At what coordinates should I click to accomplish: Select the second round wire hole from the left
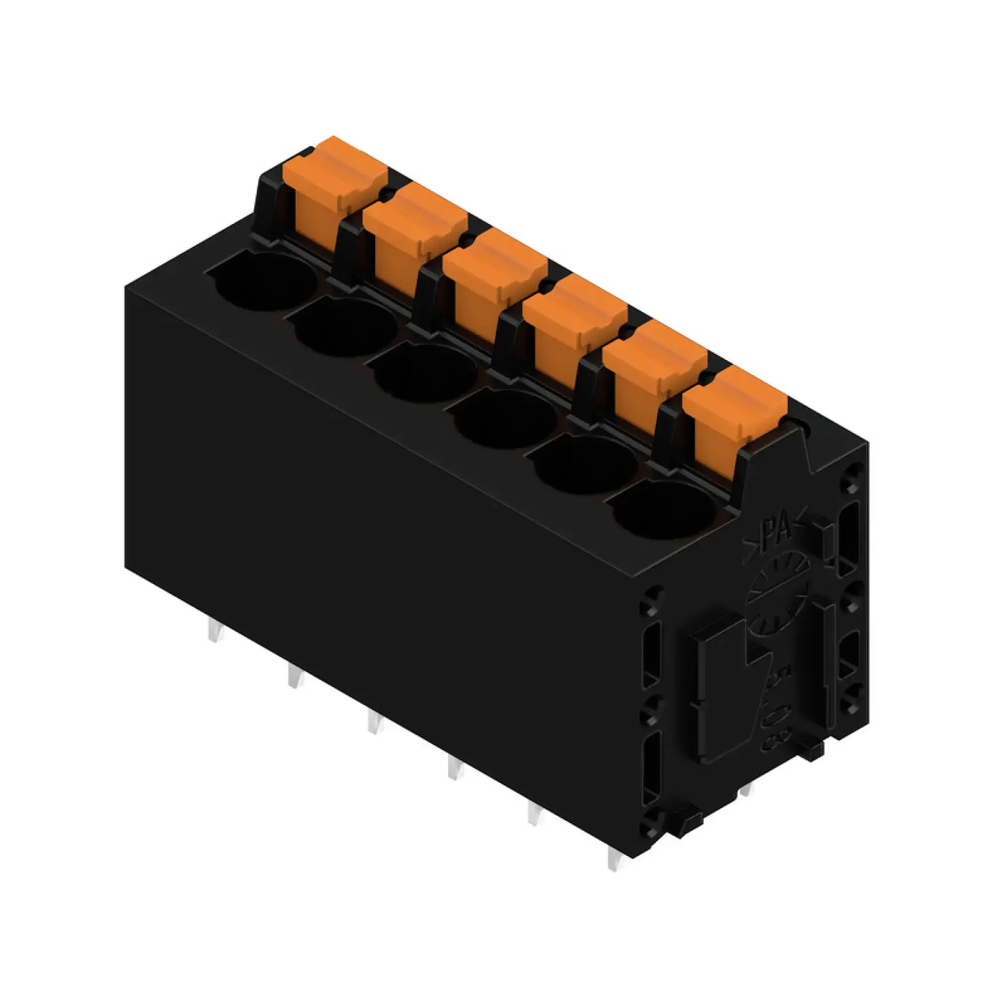(345, 327)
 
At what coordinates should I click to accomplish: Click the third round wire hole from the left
(425, 373)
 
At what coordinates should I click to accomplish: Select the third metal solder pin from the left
(374, 724)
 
